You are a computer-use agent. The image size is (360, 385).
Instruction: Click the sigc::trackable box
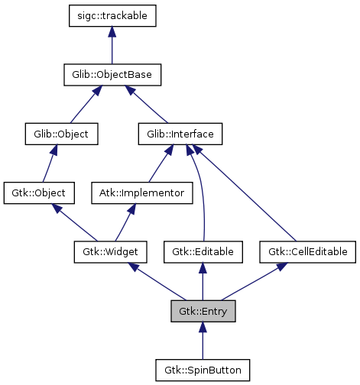(x=112, y=15)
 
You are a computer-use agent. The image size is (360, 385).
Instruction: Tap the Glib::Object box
(x=57, y=134)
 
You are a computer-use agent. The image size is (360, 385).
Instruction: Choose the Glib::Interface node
(x=180, y=134)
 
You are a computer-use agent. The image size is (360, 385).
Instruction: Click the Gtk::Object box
(x=39, y=192)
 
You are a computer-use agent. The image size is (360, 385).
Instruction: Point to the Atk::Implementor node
(x=141, y=192)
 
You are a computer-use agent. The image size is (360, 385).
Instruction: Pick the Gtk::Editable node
(x=203, y=251)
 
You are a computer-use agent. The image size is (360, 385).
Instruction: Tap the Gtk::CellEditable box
(x=308, y=251)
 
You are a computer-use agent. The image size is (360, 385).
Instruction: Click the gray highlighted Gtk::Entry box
(x=203, y=311)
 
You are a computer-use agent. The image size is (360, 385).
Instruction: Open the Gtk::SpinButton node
(x=203, y=370)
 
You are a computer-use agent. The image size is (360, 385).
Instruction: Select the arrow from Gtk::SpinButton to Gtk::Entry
(x=203, y=341)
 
